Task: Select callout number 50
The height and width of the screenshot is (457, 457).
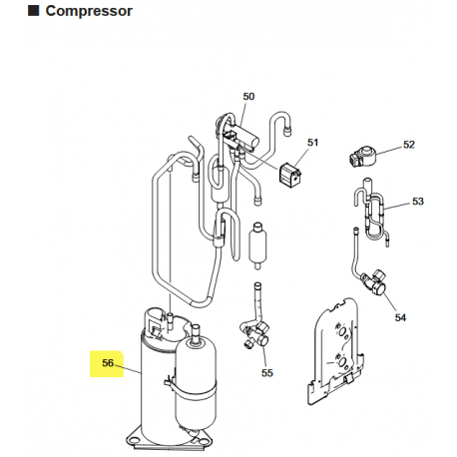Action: tap(248, 96)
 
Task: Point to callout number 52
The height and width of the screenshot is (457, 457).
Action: tap(408, 145)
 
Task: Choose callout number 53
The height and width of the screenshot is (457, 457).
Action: tap(417, 202)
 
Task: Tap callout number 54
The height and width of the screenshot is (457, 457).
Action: tap(400, 317)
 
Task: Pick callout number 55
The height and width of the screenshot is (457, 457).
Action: tap(266, 372)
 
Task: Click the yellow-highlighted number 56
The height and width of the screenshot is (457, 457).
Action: tap(107, 363)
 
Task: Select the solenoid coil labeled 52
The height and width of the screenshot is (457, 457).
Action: tap(360, 157)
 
